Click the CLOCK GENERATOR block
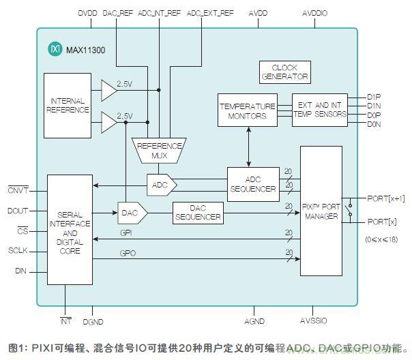point(284,73)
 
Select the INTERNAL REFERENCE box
point(67,106)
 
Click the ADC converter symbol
point(161,184)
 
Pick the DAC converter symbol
point(131,213)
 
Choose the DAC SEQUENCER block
point(197,213)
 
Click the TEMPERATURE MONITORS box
point(246,110)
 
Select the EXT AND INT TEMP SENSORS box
point(319,109)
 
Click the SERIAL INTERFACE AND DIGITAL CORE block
point(70,231)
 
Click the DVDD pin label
point(87,13)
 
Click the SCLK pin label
point(18,250)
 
